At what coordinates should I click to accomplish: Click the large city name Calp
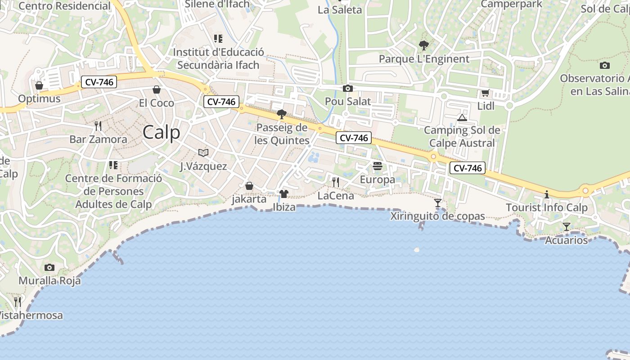pos(162,132)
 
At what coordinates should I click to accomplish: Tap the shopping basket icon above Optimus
pos(39,85)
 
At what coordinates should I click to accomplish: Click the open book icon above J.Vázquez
pos(203,153)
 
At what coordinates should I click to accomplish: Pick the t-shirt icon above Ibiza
pos(284,193)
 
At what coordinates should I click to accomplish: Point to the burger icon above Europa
pos(378,166)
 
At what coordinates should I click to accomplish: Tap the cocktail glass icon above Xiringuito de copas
pos(438,202)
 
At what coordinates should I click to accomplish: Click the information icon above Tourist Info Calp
pos(547,194)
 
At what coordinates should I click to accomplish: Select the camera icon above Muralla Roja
pos(49,267)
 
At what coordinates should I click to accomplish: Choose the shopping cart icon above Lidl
pos(485,93)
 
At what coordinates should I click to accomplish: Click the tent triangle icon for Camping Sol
pos(462,118)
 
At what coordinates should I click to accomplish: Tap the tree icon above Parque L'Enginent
pos(423,45)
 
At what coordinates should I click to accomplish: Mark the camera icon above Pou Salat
pos(348,88)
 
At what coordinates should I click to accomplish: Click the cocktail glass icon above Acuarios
pos(567,226)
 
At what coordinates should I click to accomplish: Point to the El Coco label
pos(156,103)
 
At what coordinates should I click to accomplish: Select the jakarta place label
pos(249,199)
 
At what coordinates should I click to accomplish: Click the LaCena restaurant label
pos(336,196)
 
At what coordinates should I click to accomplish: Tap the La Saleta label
pos(340,10)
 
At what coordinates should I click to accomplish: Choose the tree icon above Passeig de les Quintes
pos(282,114)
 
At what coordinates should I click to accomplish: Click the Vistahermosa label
pos(31,315)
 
